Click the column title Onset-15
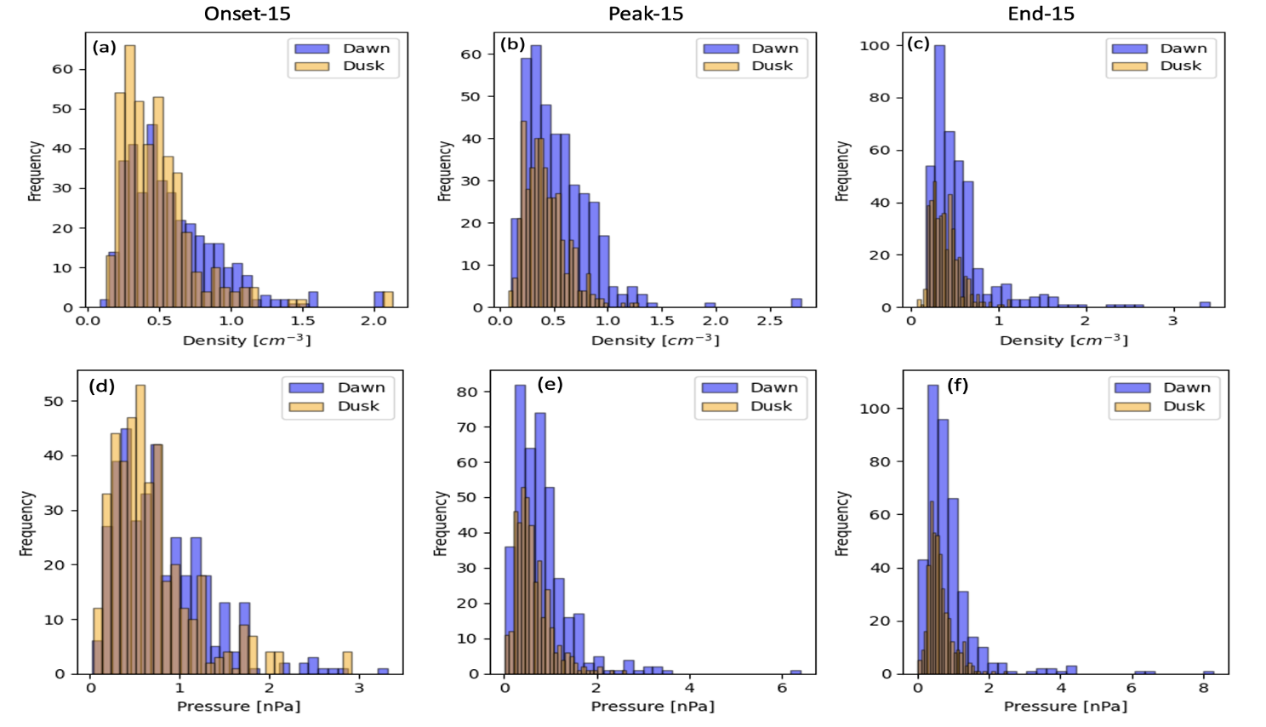pos(247,14)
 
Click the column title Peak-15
pos(645,14)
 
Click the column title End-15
pos(1041,14)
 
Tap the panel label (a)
pos(104,47)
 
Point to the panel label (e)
pos(550,384)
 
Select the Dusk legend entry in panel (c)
pos(1180,66)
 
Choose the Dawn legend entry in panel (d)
pos(361,387)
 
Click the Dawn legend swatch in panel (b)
pos(721,49)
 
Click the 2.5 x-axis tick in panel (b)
pos(769,321)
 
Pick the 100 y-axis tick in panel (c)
pos(875,45)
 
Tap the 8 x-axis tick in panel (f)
pos(1203,688)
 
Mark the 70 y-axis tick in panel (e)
pos(467,426)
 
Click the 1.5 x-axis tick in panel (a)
pos(302,321)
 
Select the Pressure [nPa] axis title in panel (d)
pos(238,707)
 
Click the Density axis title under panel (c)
pos(1064,341)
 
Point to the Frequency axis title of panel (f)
pos(842,523)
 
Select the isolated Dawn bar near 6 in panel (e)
pos(796,672)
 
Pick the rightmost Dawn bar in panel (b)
pos(796,302)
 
